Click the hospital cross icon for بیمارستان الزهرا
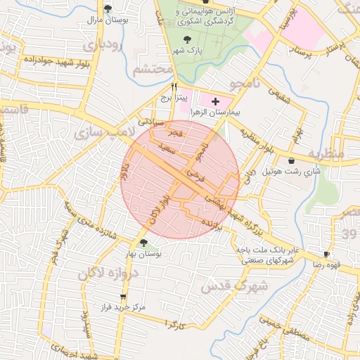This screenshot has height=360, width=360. tap(215, 103)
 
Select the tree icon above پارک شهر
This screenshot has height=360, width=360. tap(186, 40)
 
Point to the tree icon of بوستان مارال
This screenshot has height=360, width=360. tap(108, 9)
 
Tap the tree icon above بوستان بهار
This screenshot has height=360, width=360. tap(143, 243)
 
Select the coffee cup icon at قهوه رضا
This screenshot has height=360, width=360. tap(326, 254)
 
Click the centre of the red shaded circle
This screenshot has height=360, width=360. tap(180, 180)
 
